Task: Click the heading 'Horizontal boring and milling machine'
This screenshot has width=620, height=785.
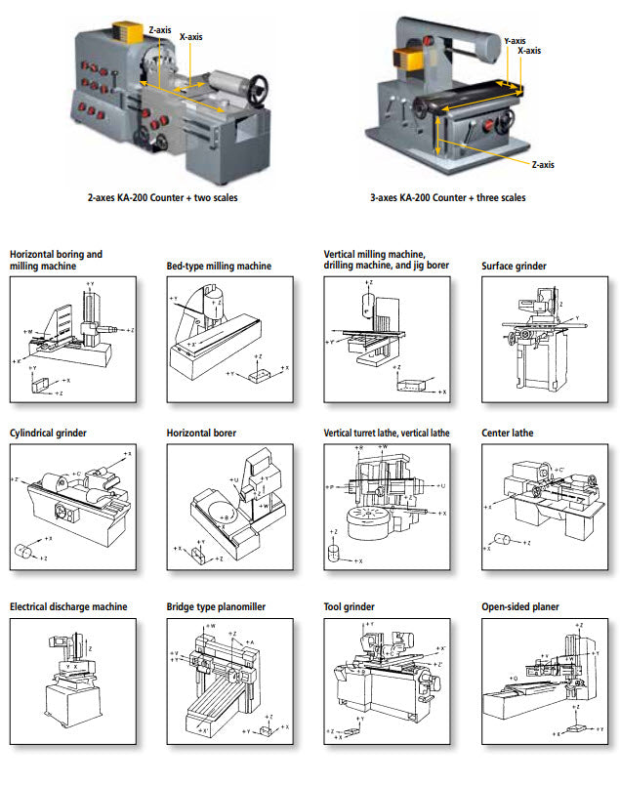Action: coord(56,259)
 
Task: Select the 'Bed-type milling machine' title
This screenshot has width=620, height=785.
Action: coord(219,266)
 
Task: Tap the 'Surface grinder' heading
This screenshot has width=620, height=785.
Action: coord(515,266)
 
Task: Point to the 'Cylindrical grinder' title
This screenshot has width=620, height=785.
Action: coord(50,432)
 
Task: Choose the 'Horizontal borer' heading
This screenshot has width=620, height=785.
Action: coord(202,432)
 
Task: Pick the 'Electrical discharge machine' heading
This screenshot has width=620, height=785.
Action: coord(68,606)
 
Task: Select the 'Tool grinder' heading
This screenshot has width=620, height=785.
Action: coord(349,606)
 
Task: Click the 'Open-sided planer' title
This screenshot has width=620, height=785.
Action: coord(520,606)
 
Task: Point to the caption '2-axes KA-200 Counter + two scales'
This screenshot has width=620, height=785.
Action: coord(162,197)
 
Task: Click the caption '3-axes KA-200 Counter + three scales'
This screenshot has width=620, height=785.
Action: coord(448,197)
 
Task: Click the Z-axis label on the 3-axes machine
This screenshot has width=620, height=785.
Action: coord(542,164)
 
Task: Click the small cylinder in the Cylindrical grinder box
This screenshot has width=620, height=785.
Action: coord(22,552)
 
